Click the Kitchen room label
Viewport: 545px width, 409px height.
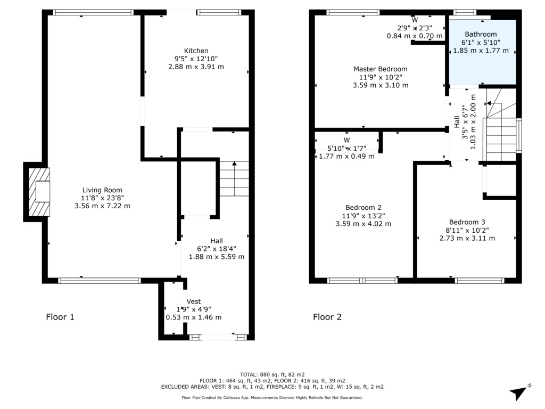[x=196, y=51]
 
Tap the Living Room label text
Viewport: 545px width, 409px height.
[x=102, y=190]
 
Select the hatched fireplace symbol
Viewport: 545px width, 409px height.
[x=39, y=192]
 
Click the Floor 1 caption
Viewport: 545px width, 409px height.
[x=60, y=317]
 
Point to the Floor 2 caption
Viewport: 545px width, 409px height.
[x=327, y=317]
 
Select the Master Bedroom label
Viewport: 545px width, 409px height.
[x=381, y=69]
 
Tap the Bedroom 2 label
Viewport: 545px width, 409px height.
[x=364, y=208]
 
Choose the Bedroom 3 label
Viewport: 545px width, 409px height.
[x=467, y=222]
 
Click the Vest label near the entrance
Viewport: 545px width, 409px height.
[x=194, y=301]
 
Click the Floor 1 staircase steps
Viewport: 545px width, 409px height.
[x=234, y=178]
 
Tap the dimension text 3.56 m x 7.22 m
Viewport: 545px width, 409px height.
[x=102, y=206]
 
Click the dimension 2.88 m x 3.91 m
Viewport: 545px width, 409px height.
[x=196, y=67]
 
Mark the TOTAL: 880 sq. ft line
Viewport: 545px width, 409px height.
[x=272, y=374]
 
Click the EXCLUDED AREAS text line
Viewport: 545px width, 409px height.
[x=272, y=387]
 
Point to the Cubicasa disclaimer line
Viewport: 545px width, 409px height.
[x=272, y=397]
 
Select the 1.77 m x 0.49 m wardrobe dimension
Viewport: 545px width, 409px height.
[x=346, y=157]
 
